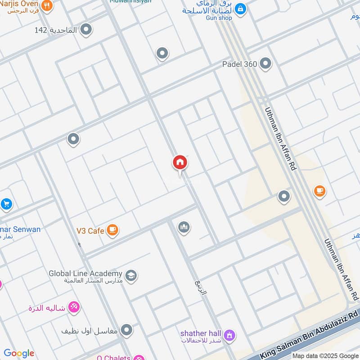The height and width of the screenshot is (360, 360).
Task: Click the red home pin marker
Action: pyautogui.click(x=180, y=162)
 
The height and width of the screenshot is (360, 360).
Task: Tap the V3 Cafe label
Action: pyautogui.click(x=90, y=231)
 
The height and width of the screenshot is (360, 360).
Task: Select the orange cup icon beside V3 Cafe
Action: pyautogui.click(x=112, y=230)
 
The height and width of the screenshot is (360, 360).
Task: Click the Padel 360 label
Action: pyautogui.click(x=239, y=64)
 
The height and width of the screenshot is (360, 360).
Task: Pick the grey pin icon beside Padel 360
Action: pyautogui.click(x=265, y=64)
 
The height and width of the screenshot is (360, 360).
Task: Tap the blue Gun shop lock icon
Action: pyautogui.click(x=240, y=9)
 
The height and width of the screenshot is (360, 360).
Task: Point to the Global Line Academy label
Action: pyautogui.click(x=85, y=274)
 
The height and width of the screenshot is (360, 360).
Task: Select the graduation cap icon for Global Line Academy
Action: pyautogui.click(x=131, y=275)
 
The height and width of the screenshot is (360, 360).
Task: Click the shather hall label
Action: pyautogui.click(x=201, y=333)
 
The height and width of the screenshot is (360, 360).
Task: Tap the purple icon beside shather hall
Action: pyautogui.click(x=229, y=335)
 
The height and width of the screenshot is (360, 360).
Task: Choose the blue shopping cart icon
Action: pyautogui.click(x=6, y=204)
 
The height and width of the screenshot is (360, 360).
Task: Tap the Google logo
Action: pyautogui.click(x=19, y=353)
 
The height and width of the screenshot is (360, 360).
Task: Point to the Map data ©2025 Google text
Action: pyautogui.click(x=325, y=355)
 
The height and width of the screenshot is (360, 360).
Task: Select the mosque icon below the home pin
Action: pyautogui.click(x=184, y=228)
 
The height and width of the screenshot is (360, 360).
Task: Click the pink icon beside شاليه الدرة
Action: pyautogui.click(x=73, y=307)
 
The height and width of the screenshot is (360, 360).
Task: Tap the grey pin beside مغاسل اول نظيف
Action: pyautogui.click(x=127, y=330)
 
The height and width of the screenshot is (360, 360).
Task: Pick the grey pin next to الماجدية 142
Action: pyautogui.click(x=86, y=30)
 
